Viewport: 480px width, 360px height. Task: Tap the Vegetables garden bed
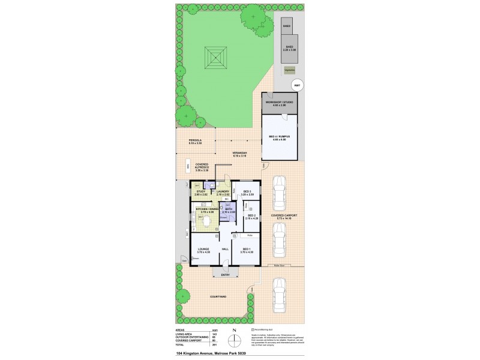[x=289, y=70]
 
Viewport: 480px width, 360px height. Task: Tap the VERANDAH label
[x=242, y=154]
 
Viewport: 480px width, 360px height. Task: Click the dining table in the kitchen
[x=206, y=223]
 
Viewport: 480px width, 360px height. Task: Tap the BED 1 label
[x=247, y=249]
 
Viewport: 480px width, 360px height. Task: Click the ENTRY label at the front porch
[x=225, y=275]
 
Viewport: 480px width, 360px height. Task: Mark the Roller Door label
[x=278, y=264]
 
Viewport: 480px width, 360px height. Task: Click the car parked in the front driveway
[x=279, y=299]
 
